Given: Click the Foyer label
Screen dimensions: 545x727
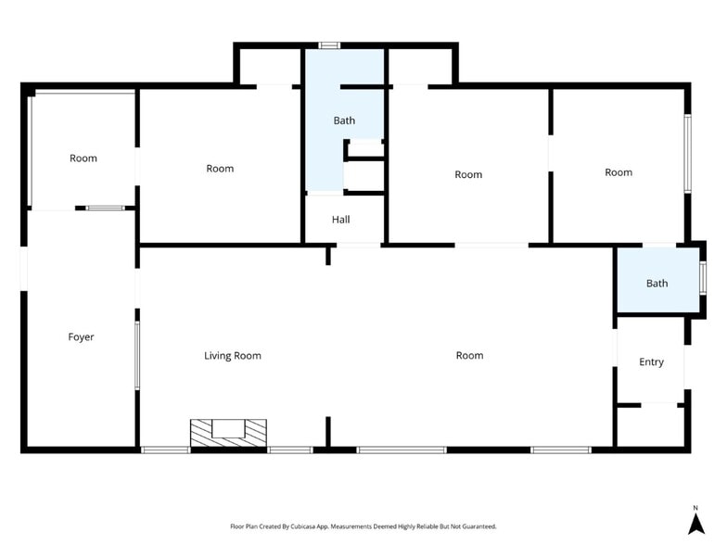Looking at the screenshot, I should point(82,337).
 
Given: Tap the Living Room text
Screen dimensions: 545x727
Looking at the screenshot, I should point(233,356).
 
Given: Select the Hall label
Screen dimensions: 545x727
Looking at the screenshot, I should point(341,220).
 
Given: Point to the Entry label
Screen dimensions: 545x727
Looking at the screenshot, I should point(652,362).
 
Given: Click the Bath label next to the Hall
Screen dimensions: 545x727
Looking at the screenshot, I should point(344,120).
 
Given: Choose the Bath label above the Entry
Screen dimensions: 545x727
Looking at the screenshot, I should point(657,284).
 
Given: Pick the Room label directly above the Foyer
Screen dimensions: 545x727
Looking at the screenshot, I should point(83,158).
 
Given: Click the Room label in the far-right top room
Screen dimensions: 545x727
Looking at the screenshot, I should point(619,172).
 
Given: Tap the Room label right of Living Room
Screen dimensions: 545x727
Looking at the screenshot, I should point(469,356).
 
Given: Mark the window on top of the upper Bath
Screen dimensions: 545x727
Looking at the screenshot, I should point(329,44).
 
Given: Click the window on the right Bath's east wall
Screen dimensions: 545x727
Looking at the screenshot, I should point(703,278).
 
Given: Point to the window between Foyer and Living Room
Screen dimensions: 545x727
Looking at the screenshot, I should point(137,355).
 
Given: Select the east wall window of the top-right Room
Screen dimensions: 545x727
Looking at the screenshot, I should point(687,153).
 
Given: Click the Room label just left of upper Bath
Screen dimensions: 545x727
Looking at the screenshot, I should point(220,169).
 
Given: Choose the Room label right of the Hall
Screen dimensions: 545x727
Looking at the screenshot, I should point(468,175).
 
